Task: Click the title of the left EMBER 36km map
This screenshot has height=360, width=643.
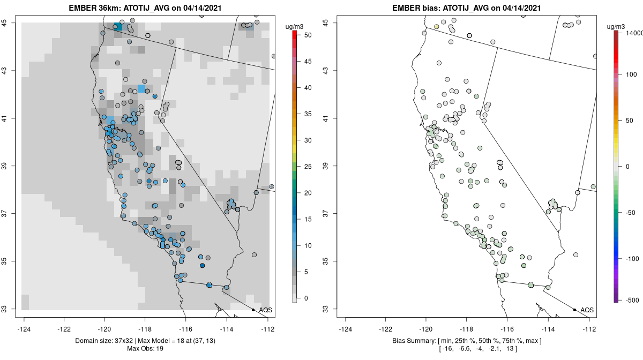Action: [x=146, y=8]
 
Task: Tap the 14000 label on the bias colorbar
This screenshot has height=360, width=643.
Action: [x=631, y=33]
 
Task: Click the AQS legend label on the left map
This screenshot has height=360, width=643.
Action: [x=265, y=310]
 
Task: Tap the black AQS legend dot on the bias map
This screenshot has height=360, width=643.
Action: [x=574, y=310]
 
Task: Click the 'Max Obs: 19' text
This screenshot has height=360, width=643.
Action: [x=146, y=349]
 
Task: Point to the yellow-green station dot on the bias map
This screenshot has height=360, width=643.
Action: [x=437, y=26]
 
